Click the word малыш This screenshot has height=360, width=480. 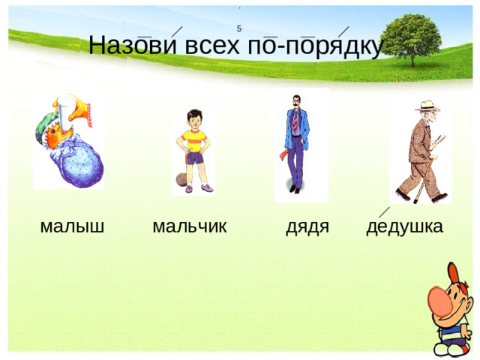[x=72, y=226]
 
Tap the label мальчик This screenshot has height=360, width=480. [x=189, y=226]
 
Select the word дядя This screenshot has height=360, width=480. [x=307, y=226]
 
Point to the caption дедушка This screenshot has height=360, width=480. [x=405, y=226]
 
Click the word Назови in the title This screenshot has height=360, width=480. [x=131, y=46]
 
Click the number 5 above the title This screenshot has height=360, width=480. [x=238, y=28]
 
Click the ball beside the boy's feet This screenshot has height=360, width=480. [x=182, y=180]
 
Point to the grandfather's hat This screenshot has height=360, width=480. [x=427, y=106]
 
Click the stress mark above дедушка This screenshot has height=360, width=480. [x=383, y=212]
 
